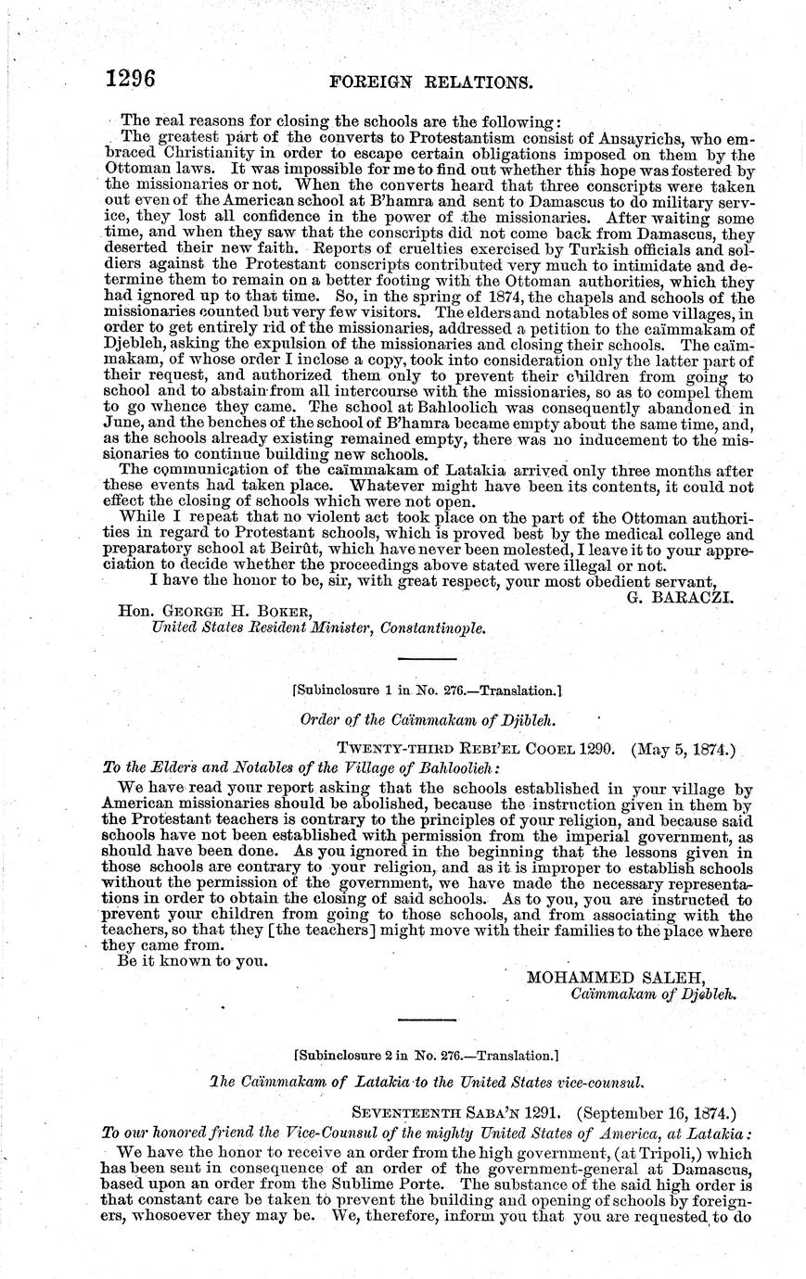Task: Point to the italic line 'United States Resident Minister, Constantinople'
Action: [x=318, y=628]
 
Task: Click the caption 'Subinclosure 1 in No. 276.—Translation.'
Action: [x=426, y=690]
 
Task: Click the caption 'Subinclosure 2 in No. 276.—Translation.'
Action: [x=426, y=1054]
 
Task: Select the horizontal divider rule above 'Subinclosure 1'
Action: [x=426, y=658]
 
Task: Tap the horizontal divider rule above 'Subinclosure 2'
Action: [x=426, y=1020]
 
